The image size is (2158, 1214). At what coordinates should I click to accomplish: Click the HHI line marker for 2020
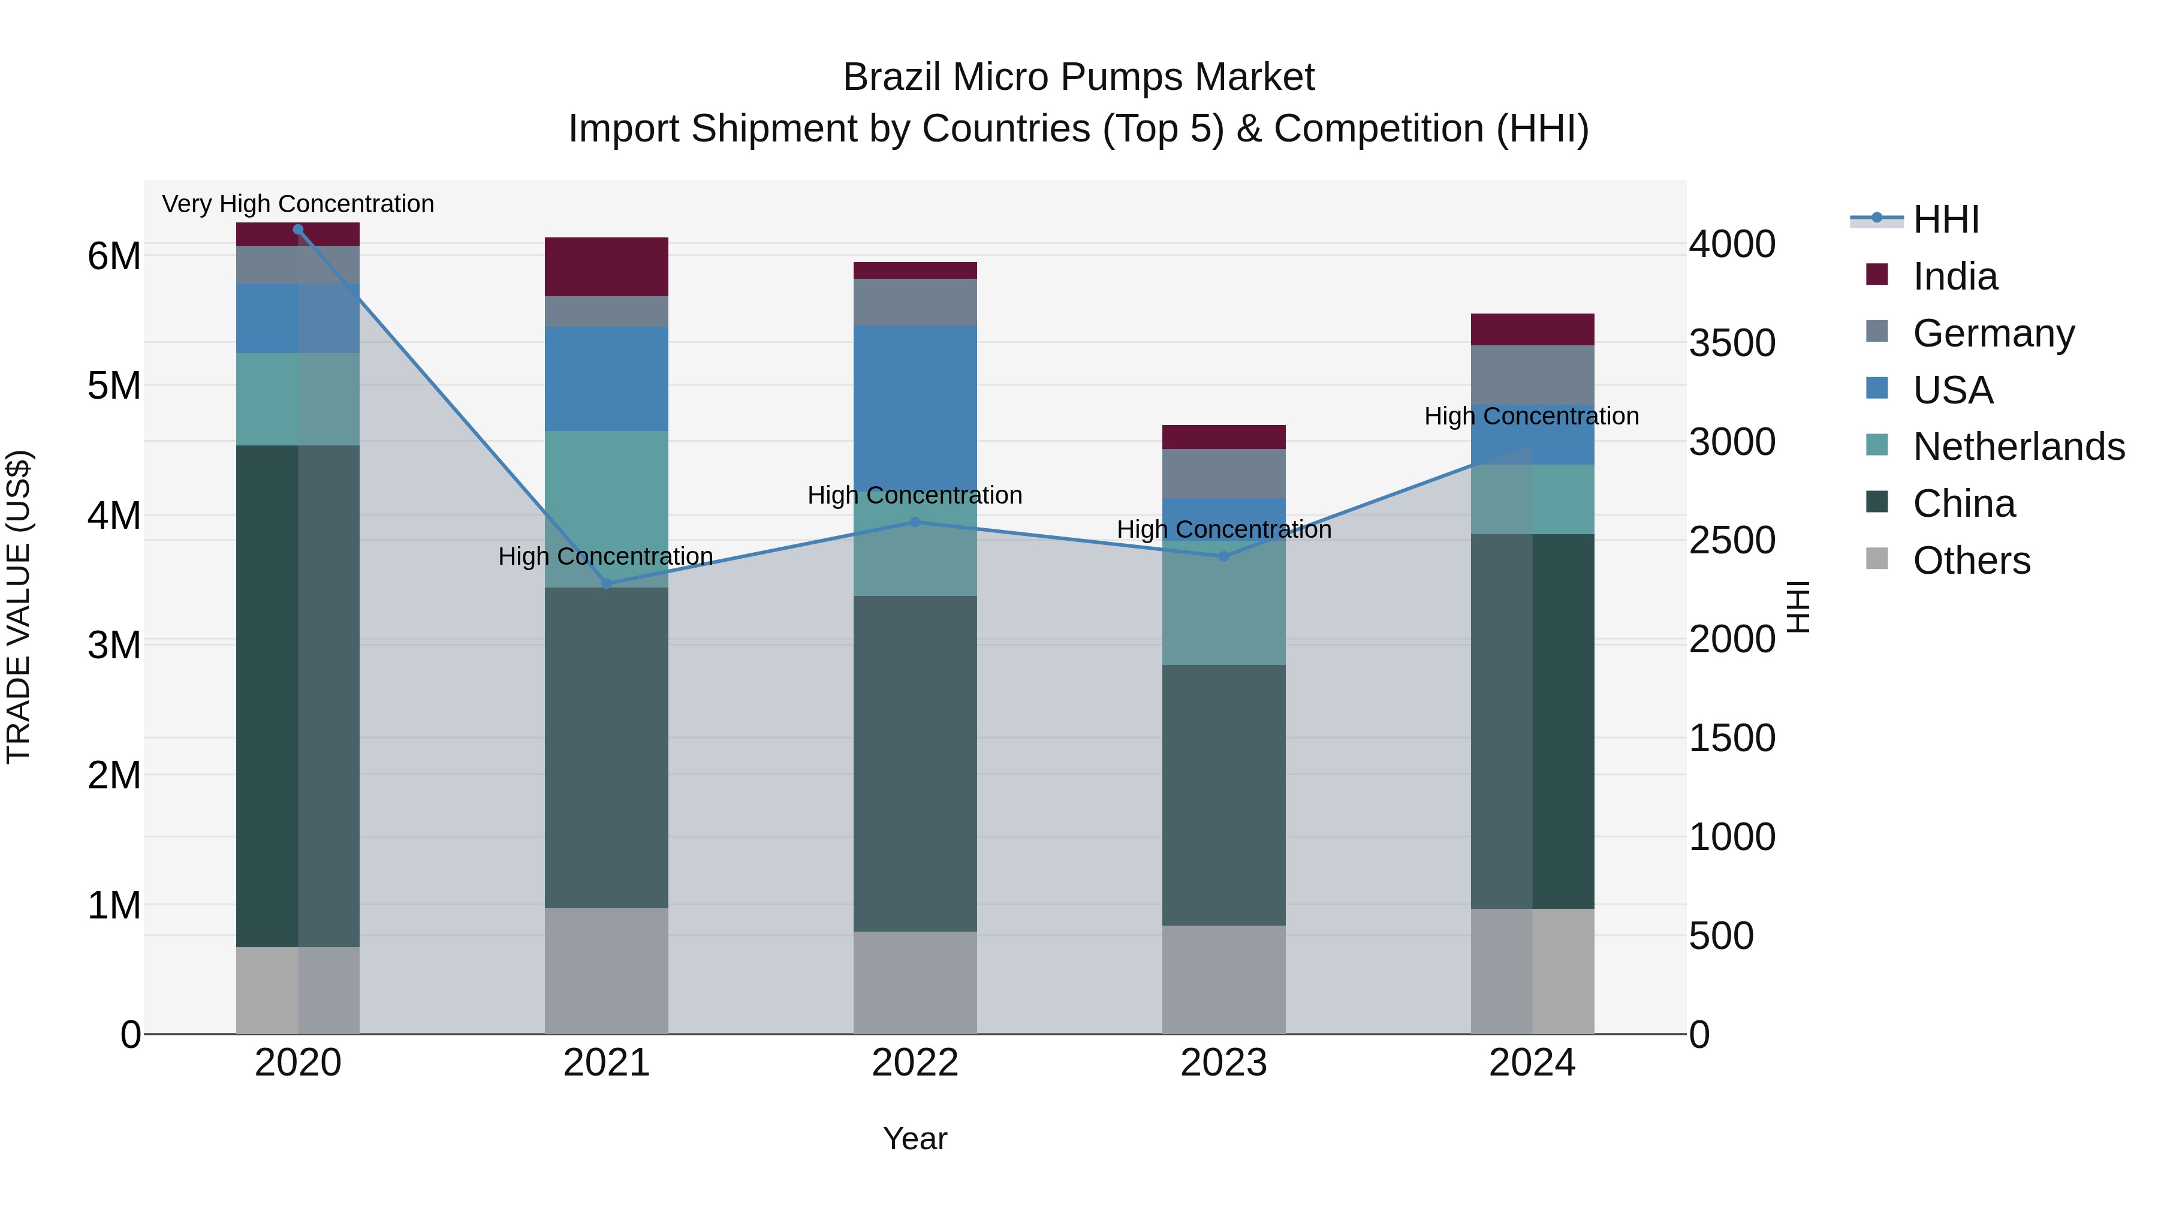pyautogui.click(x=299, y=230)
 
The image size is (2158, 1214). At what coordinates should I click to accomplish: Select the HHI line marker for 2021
pyautogui.click(x=607, y=584)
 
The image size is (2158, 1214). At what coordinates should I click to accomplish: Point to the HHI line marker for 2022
pyautogui.click(x=915, y=522)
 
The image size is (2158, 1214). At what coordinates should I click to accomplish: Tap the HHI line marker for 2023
pyautogui.click(x=1224, y=556)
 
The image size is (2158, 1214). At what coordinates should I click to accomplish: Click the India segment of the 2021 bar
pyautogui.click(x=607, y=266)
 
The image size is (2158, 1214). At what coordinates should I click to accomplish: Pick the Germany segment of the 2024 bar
pyautogui.click(x=1532, y=375)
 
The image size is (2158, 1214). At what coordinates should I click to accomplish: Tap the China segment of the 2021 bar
pyautogui.click(x=607, y=748)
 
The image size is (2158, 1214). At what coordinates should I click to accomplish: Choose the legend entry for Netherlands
pyautogui.click(x=2018, y=447)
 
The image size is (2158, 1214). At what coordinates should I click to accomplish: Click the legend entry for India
pyautogui.click(x=1954, y=276)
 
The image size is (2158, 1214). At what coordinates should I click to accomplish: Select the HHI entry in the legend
pyautogui.click(x=1945, y=219)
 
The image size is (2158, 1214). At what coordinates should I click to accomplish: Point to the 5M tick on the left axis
pyautogui.click(x=114, y=386)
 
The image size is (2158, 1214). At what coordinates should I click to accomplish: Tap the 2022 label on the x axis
pyautogui.click(x=915, y=1063)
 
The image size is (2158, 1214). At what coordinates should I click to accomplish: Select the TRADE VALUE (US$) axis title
pyautogui.click(x=19, y=607)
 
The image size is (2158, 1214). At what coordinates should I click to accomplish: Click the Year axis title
pyautogui.click(x=915, y=1138)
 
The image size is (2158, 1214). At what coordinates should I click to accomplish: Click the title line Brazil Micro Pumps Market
pyautogui.click(x=1078, y=77)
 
